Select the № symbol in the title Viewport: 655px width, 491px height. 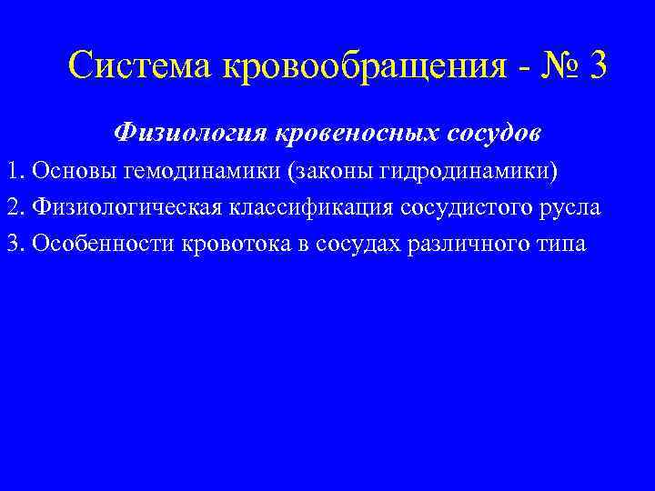point(556,65)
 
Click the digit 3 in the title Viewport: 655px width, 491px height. point(596,65)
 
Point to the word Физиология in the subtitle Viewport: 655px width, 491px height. point(180,133)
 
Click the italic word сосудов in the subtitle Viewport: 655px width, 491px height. point(495,133)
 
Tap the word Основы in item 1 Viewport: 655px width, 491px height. point(65,172)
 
